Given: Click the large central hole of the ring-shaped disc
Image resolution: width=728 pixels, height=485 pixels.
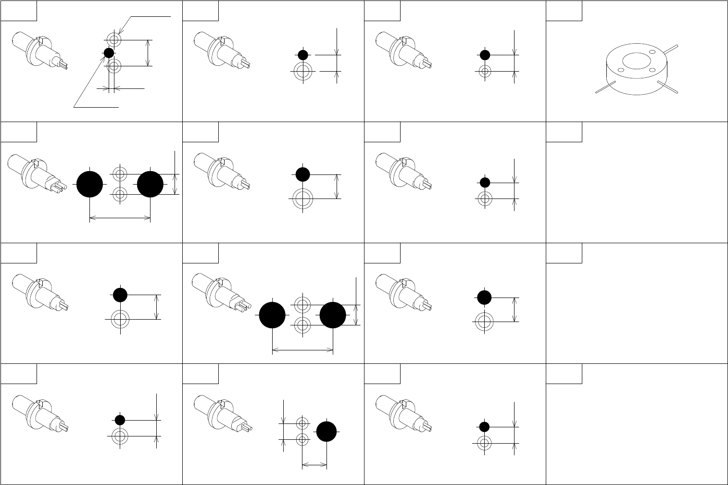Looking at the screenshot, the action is click(x=637, y=61).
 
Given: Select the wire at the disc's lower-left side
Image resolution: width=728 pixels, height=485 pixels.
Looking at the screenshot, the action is click(x=603, y=88).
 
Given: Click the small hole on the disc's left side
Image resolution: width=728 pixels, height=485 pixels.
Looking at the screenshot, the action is click(x=621, y=70).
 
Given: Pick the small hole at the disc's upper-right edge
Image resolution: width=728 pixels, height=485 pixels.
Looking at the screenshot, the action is click(x=653, y=52).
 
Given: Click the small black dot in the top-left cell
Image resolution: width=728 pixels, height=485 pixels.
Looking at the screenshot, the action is click(x=109, y=53).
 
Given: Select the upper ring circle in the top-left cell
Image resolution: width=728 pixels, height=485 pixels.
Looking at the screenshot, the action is click(x=114, y=39).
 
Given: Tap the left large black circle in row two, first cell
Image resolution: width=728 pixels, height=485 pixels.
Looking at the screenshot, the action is click(x=90, y=184).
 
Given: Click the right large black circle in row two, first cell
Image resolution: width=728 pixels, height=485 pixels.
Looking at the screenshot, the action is click(x=151, y=184).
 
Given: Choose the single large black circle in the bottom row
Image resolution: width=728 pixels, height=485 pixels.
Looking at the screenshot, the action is click(x=326, y=431).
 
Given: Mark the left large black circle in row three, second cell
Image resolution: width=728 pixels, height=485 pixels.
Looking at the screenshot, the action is click(x=273, y=315).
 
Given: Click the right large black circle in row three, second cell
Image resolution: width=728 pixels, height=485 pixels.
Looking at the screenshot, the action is click(x=333, y=315).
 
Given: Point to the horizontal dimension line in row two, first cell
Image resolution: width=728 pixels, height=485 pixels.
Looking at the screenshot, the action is click(x=120, y=218).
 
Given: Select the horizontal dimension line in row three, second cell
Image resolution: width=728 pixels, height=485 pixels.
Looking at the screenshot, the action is click(x=303, y=350).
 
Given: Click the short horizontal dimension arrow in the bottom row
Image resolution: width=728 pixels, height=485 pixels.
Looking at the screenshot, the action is click(x=314, y=465).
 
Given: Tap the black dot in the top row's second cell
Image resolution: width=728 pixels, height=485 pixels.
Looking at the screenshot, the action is click(x=303, y=55).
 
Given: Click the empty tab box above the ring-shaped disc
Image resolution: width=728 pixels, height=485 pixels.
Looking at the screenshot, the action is click(x=564, y=11).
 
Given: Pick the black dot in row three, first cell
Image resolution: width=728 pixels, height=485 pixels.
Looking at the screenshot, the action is click(x=120, y=295).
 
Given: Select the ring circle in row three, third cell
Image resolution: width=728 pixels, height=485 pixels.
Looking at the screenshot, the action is click(x=485, y=322).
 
